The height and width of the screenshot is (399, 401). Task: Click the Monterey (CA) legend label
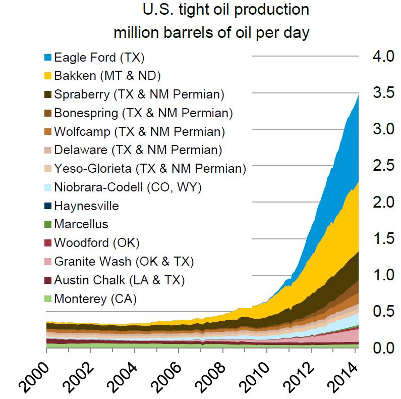click(95, 298)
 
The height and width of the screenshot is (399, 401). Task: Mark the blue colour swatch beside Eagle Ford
click(48, 57)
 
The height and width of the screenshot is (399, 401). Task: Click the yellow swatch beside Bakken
click(48, 76)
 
